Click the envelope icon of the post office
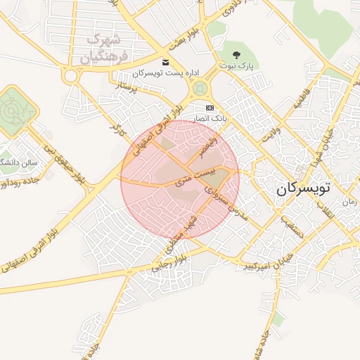(x=165, y=63)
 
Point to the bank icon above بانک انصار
(x=209, y=108)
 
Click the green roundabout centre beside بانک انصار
(x=200, y=89)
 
